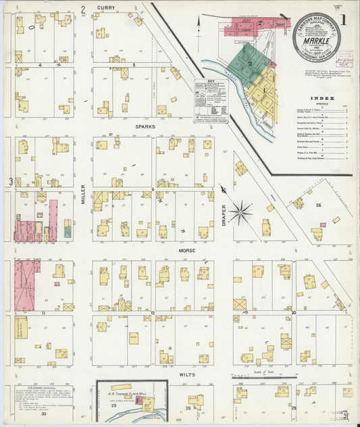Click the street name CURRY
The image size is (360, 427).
pyautogui.click(x=105, y=7)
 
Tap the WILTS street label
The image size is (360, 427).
pyautogui.click(x=188, y=373)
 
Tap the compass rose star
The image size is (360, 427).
pyautogui.click(x=240, y=214)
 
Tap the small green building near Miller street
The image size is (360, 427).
pyautogui.click(x=68, y=232)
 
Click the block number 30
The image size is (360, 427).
pyautogui.click(x=43, y=413)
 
